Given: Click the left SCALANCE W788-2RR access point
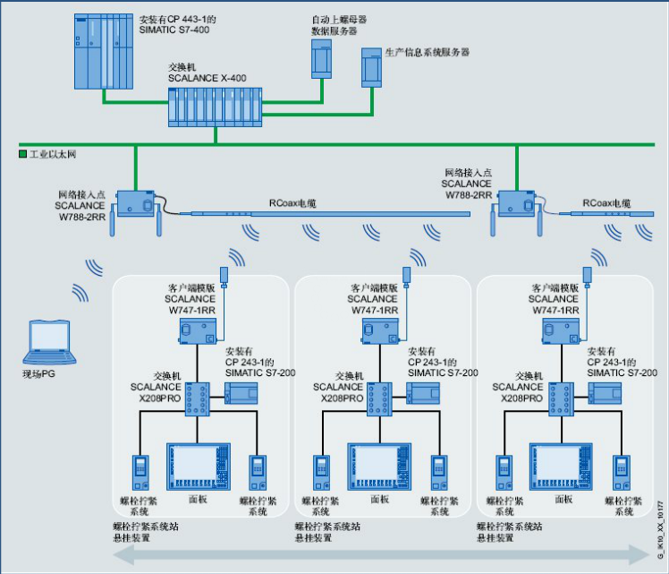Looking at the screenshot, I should pos(135,205).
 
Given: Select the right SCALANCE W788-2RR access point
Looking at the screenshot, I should pos(516,205).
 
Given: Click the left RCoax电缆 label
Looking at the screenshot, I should pos(292,204).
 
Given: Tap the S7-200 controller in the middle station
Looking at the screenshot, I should pos(424,392).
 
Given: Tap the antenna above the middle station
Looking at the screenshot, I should pos(407,273).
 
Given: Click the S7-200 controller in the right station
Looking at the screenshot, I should pos(606,392).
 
